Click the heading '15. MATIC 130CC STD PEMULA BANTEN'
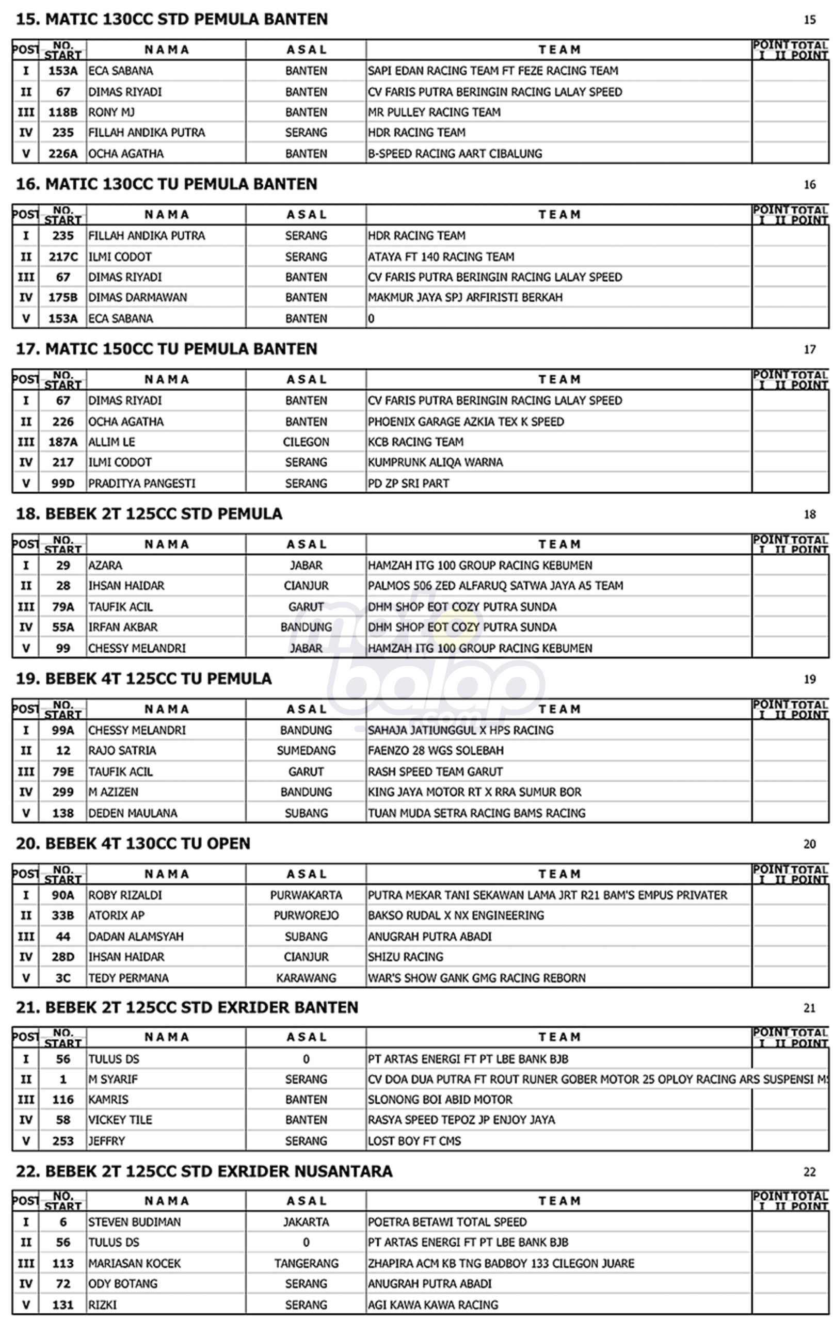tap(171, 19)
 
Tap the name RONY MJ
tap(111, 112)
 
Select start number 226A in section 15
tap(62, 154)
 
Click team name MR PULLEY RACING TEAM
tap(434, 112)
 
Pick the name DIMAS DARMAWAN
tap(137, 297)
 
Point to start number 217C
tap(62, 257)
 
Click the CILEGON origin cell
tap(306, 442)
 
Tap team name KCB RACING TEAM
tap(415, 442)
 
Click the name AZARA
tap(105, 566)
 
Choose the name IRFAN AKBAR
tap(123, 627)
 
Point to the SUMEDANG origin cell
tap(306, 750)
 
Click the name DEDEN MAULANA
tap(133, 813)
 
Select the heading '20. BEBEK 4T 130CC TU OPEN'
tap(133, 843)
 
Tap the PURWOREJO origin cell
tap(306, 915)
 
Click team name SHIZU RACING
tap(406, 957)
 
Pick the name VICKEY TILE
tap(120, 1120)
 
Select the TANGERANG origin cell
tap(306, 1263)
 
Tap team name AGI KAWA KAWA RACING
tap(433, 1304)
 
